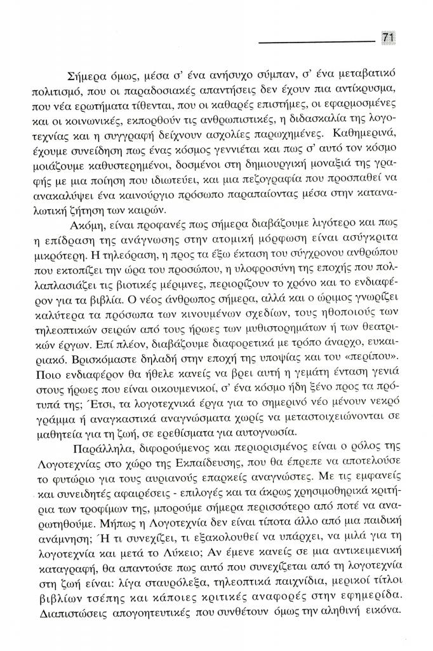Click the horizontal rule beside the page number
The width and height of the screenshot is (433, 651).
(x=317, y=43)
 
